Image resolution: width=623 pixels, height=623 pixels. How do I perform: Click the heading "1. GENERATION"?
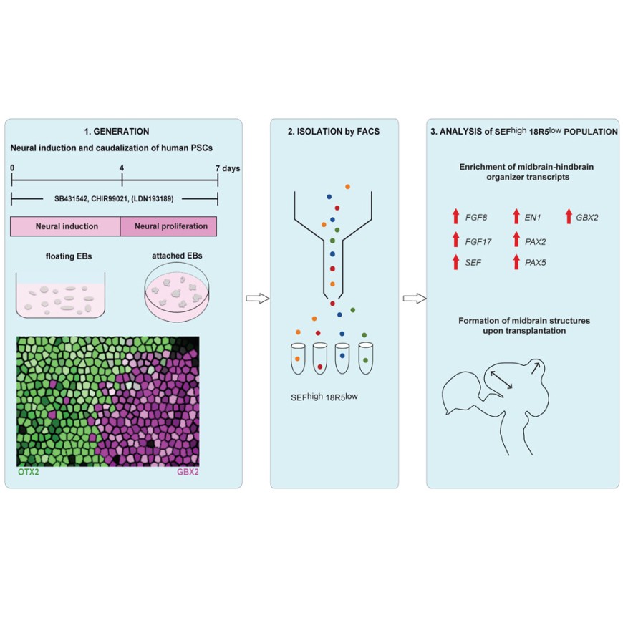tap(117, 132)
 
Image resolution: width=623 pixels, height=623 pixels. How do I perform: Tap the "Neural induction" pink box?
tap(66, 226)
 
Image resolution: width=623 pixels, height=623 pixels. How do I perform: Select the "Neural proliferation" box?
tap(169, 226)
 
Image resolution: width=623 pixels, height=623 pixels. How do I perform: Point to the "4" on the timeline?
tap(122, 168)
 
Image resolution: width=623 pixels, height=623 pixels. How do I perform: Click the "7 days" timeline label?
tap(228, 168)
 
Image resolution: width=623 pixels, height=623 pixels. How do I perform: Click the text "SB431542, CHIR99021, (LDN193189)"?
tap(114, 198)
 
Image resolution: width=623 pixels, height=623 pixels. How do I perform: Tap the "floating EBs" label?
tap(69, 256)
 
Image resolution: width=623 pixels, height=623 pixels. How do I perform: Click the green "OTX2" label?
tap(29, 472)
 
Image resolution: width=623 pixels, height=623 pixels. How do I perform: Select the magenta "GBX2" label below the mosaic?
tap(188, 472)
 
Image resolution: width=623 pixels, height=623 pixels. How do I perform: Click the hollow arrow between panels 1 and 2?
tap(258, 299)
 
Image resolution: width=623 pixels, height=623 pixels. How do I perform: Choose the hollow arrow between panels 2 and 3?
tap(415, 299)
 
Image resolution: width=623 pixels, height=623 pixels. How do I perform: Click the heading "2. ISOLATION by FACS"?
tap(334, 132)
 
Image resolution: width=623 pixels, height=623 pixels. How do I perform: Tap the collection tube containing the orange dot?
tap(298, 359)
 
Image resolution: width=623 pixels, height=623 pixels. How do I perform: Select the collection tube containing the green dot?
tap(365, 359)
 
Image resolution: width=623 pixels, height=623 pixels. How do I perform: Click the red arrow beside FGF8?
tap(455, 216)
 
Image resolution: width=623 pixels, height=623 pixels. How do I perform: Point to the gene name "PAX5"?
tap(535, 263)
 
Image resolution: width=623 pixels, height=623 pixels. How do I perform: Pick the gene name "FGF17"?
tap(478, 242)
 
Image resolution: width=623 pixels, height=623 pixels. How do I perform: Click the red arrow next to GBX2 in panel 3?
tap(569, 216)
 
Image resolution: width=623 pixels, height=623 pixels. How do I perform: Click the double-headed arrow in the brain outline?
tap(501, 380)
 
